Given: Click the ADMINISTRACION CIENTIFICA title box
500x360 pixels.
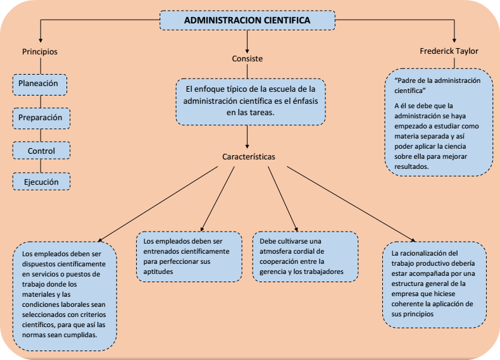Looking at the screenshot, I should click(x=246, y=21).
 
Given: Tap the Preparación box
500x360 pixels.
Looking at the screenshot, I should click(x=41, y=117).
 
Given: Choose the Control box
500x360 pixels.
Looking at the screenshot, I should click(x=41, y=151).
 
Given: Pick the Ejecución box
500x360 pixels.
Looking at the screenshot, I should click(x=42, y=182).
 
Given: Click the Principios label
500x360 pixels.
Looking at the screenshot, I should click(x=40, y=51).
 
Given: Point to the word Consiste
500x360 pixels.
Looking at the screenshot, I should click(x=247, y=59).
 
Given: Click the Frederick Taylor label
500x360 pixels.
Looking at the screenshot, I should click(x=449, y=51).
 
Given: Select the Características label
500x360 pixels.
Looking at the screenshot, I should click(x=248, y=156).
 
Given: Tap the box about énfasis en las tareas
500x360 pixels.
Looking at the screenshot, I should click(x=250, y=101).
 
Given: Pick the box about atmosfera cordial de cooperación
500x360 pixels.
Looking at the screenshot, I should click(x=305, y=256).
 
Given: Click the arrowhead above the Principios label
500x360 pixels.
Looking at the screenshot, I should click(x=40, y=40).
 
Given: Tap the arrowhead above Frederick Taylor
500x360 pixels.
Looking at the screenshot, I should click(x=454, y=40).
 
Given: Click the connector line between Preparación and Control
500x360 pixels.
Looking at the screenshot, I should click(x=41, y=134).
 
